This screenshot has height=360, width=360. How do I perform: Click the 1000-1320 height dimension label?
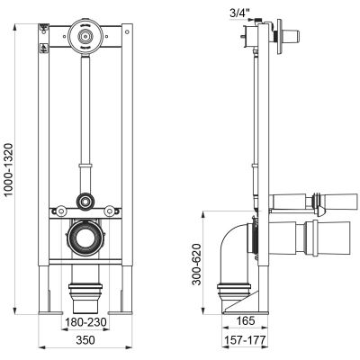coord(10,169)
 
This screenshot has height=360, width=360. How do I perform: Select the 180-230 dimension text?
coord(85,322)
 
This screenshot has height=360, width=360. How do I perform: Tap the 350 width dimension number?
coord(85,340)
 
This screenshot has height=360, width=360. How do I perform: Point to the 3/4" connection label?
coord(239,13)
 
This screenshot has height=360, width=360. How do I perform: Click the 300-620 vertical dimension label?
coord(197,264)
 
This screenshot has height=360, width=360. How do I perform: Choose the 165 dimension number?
coord(245,320)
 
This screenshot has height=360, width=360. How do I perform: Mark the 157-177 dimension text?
coord(245,340)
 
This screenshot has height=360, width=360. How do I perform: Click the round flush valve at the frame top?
coord(85,36)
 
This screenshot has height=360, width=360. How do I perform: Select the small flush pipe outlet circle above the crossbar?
coord(85,202)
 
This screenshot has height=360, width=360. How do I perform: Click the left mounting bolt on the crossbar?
coord(61,211)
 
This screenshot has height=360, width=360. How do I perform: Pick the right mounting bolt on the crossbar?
coord(109,211)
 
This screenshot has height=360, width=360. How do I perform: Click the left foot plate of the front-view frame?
coord(49,313)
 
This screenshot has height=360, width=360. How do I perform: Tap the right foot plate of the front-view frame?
coord(121,313)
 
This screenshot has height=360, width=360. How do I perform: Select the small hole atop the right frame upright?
coord(127,31)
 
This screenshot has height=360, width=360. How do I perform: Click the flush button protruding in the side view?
coord(291,36)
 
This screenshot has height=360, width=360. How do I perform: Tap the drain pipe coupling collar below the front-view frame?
coord(85,290)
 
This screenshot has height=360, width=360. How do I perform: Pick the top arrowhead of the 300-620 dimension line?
coord(203,214)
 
